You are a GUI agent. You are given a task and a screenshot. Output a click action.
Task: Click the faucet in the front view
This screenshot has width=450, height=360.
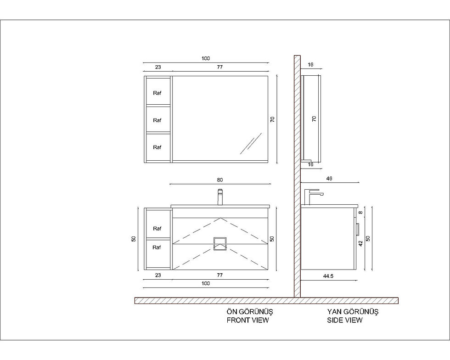220,197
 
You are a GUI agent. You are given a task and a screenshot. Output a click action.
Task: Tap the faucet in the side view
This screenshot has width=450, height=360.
313,197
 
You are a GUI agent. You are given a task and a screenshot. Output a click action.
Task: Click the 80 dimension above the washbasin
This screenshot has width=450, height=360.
220,180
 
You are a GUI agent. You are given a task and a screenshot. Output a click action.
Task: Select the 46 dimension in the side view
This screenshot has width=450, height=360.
329,179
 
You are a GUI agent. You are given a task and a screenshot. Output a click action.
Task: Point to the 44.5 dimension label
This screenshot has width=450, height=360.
328,276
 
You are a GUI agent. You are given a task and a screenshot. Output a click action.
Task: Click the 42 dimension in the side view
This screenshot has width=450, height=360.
361,243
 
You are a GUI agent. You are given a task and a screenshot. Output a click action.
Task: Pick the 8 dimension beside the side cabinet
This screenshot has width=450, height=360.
361,213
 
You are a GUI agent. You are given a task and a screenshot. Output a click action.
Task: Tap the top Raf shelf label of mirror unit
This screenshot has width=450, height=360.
157,93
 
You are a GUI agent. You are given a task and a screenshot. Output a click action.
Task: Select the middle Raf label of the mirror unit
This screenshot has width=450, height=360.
157,120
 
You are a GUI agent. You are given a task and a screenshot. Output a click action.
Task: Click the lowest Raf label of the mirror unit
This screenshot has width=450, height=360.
157,147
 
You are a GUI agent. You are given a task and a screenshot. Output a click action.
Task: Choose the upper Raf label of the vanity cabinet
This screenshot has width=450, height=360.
157,229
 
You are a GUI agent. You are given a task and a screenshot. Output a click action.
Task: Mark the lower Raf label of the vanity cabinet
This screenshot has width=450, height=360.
157,247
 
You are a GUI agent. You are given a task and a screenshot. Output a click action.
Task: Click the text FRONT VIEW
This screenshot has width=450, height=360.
247,320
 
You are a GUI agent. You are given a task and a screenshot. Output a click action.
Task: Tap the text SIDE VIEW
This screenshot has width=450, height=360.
345,320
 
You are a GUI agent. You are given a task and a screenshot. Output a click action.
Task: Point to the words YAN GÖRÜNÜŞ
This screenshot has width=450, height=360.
353,312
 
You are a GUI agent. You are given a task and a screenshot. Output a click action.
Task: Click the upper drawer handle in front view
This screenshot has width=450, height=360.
220,241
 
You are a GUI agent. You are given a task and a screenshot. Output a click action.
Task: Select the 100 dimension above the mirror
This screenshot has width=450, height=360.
206,59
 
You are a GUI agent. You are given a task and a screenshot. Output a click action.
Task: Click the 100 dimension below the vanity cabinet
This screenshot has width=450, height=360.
206,283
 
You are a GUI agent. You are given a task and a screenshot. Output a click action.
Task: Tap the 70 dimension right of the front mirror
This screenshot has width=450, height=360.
273,119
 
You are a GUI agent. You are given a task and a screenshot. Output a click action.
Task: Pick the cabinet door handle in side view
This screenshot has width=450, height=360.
358,230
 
